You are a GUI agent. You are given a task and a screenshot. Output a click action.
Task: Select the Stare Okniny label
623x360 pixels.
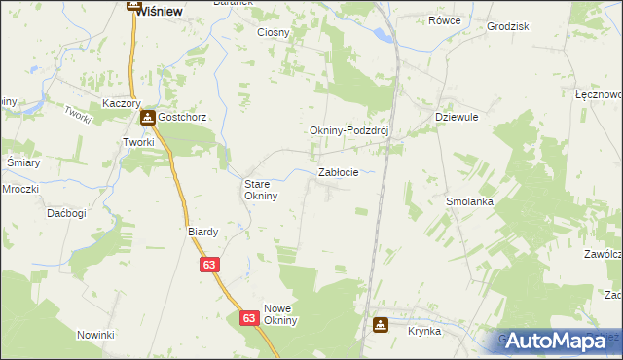tap(261, 189)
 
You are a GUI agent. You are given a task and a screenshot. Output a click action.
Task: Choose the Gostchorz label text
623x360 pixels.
tap(185, 119)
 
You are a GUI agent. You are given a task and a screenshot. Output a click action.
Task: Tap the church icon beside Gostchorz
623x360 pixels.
tap(148, 119)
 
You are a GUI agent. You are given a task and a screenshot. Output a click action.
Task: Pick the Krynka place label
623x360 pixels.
tap(424, 332)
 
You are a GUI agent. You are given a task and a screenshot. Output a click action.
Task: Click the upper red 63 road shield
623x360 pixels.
tap(210, 264)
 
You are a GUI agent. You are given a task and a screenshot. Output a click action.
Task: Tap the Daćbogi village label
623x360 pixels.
tap(66, 212)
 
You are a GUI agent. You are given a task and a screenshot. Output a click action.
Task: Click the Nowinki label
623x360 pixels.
tap(96, 335)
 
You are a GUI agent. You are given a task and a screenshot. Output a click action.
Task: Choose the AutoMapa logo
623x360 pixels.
tap(556, 341)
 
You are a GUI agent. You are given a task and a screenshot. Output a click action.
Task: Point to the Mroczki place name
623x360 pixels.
tap(19, 189)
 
